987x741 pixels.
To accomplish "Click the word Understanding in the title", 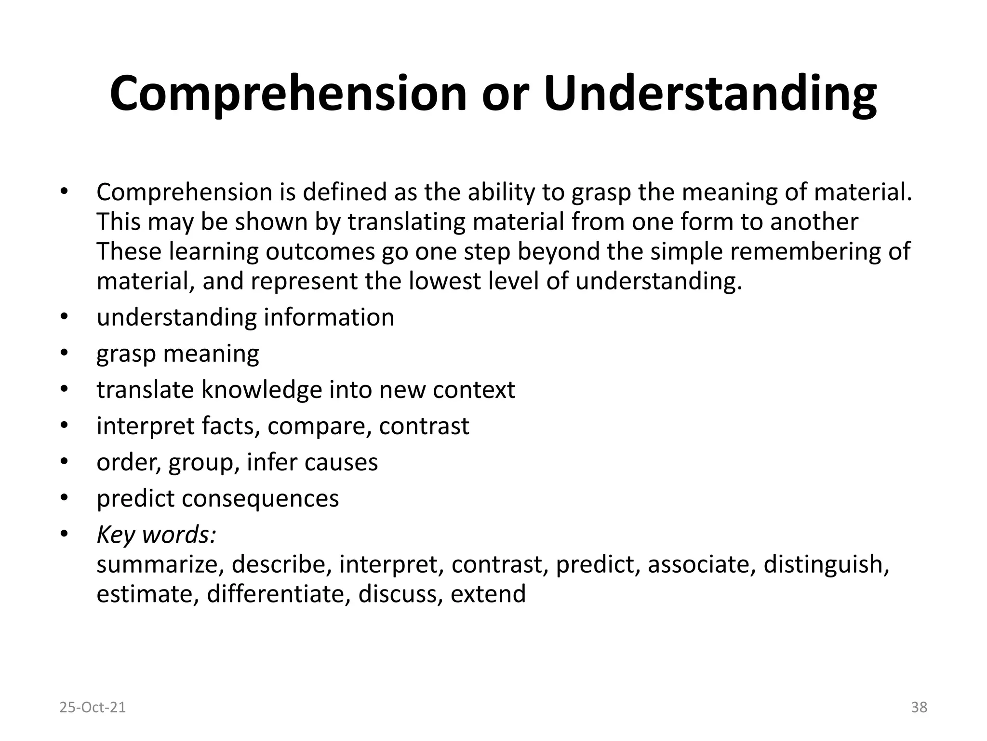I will click(x=710, y=94).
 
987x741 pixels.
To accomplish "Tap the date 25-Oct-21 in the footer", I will click(x=93, y=707).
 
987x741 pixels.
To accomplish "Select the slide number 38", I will click(x=919, y=707).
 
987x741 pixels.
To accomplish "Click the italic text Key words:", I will click(x=157, y=535).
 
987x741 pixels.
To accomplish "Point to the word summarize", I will click(x=158, y=564).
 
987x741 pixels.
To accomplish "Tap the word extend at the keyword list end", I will click(x=488, y=594).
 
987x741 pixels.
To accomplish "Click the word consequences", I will click(x=260, y=498).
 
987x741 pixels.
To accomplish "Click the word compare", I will click(x=319, y=426).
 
